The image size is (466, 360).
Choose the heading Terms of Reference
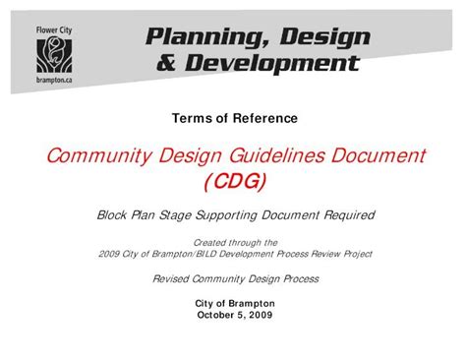(x=234, y=119)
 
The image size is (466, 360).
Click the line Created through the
(x=234, y=241)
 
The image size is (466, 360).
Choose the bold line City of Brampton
(x=233, y=304)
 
